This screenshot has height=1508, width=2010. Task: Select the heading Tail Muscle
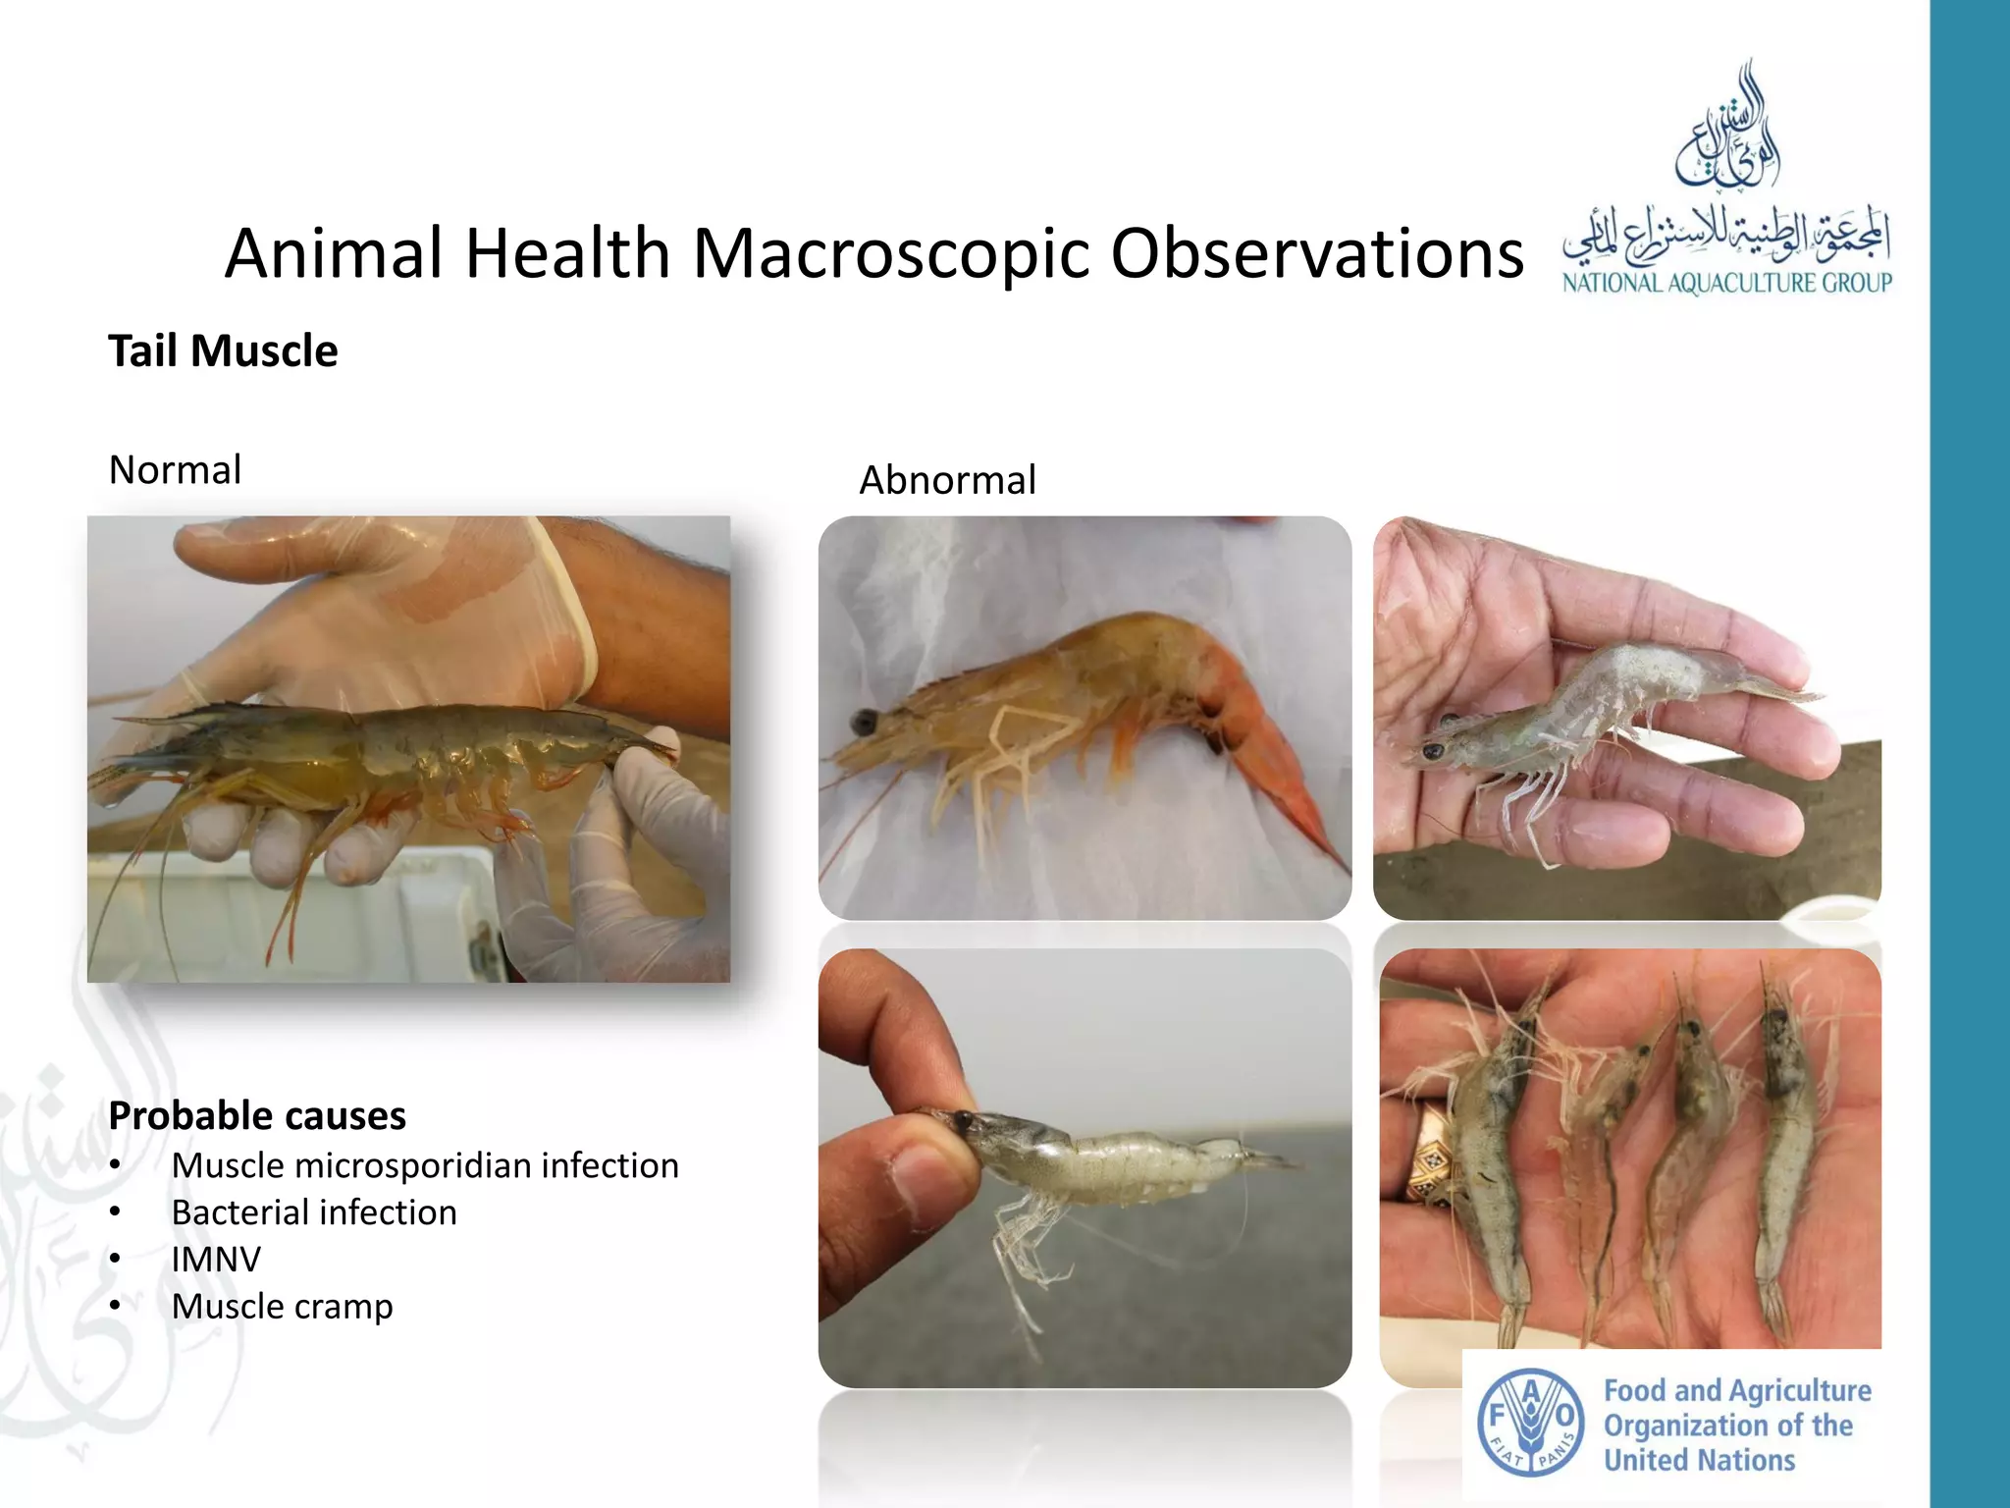pos(223,351)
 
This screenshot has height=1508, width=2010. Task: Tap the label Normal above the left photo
pos(175,470)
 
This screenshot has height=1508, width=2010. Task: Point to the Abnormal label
pos(947,480)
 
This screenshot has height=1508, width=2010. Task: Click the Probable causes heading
pos(257,1116)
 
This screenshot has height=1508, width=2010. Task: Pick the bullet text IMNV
pos(216,1260)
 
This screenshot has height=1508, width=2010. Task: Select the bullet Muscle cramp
pos(282,1307)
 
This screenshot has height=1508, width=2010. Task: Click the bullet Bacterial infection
pos(314,1212)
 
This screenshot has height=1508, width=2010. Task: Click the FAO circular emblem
pos(1530,1423)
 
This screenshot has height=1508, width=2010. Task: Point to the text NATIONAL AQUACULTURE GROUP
pos(1727,284)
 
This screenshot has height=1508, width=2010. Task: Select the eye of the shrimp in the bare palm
pos(1432,753)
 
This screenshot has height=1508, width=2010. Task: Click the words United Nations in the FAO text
pos(1699,1460)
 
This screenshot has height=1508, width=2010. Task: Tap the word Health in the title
pos(567,254)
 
